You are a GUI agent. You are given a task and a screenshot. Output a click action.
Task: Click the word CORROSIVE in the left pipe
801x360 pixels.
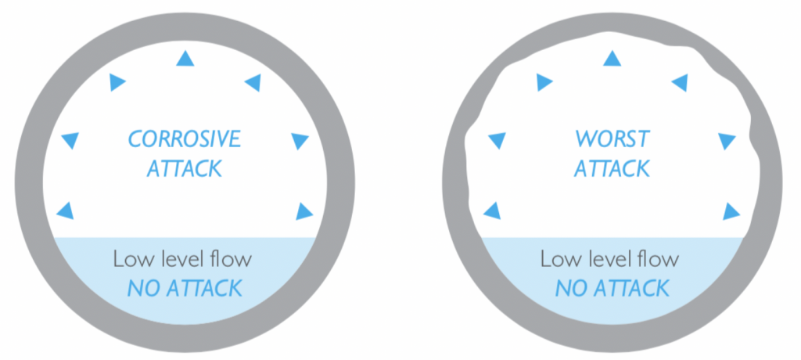(x=185, y=140)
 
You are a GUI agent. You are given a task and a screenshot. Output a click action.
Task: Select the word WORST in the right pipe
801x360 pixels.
(x=612, y=140)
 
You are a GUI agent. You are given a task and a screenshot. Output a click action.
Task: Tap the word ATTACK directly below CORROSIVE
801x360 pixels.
(x=185, y=168)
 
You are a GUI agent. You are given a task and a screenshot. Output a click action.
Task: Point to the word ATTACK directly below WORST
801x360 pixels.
(x=612, y=168)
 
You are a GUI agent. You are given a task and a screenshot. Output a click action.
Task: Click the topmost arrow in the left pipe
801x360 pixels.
(x=185, y=57)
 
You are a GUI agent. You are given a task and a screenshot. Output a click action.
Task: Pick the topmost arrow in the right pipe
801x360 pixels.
(x=612, y=57)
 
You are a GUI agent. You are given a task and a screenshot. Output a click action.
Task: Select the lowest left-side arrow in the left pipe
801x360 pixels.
(x=68, y=210)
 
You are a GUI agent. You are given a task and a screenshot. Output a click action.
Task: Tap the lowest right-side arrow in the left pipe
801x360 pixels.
(x=304, y=210)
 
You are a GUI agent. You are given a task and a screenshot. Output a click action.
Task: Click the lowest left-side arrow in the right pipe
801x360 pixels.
(x=494, y=210)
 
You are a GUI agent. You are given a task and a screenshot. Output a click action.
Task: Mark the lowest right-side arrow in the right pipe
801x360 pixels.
(x=731, y=210)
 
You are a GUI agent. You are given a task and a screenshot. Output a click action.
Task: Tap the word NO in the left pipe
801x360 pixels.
(x=142, y=288)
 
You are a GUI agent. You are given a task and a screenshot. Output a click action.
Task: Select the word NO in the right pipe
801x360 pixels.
(x=570, y=288)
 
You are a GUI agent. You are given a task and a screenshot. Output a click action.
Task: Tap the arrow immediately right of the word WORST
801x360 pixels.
(x=727, y=140)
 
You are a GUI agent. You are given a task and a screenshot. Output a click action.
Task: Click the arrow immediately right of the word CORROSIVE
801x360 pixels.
(x=300, y=140)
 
